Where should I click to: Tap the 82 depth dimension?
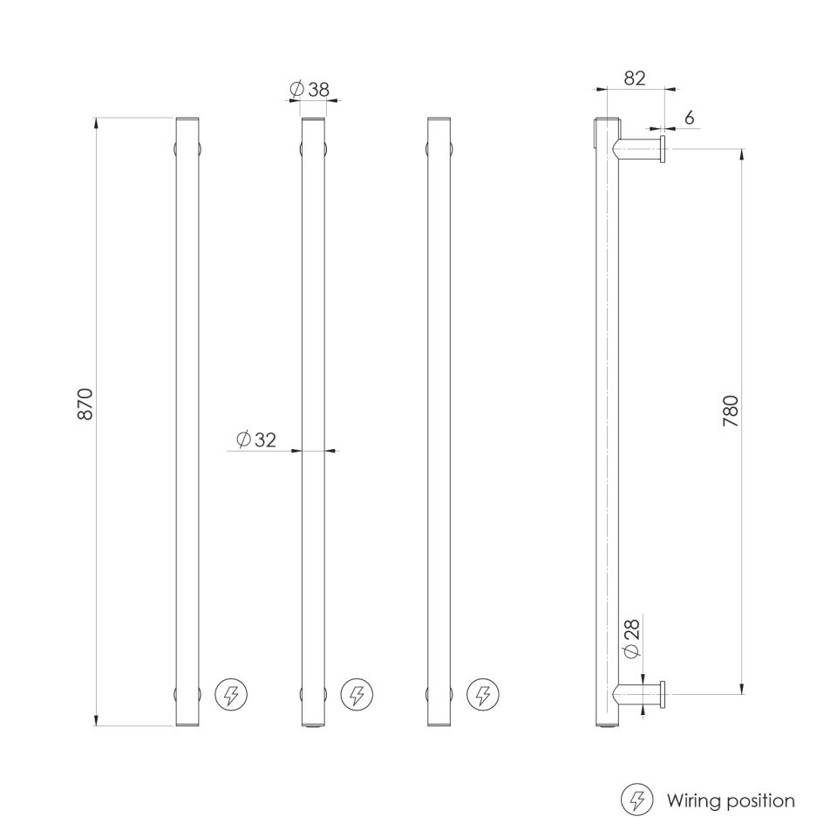(634, 78)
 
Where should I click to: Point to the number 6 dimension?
(689, 118)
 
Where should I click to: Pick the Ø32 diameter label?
(256, 439)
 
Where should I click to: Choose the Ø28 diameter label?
(634, 639)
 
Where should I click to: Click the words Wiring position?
(731, 800)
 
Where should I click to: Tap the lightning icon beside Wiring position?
(637, 800)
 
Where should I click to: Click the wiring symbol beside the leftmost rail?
(231, 694)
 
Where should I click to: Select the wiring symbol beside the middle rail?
(357, 694)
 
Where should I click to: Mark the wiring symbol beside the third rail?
(482, 694)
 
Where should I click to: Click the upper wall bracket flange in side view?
(664, 149)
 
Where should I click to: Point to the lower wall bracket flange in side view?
(664, 694)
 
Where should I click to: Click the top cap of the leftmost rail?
(187, 119)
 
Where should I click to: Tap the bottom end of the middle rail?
(313, 723)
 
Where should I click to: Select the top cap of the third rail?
(439, 119)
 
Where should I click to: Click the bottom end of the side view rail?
(605, 723)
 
